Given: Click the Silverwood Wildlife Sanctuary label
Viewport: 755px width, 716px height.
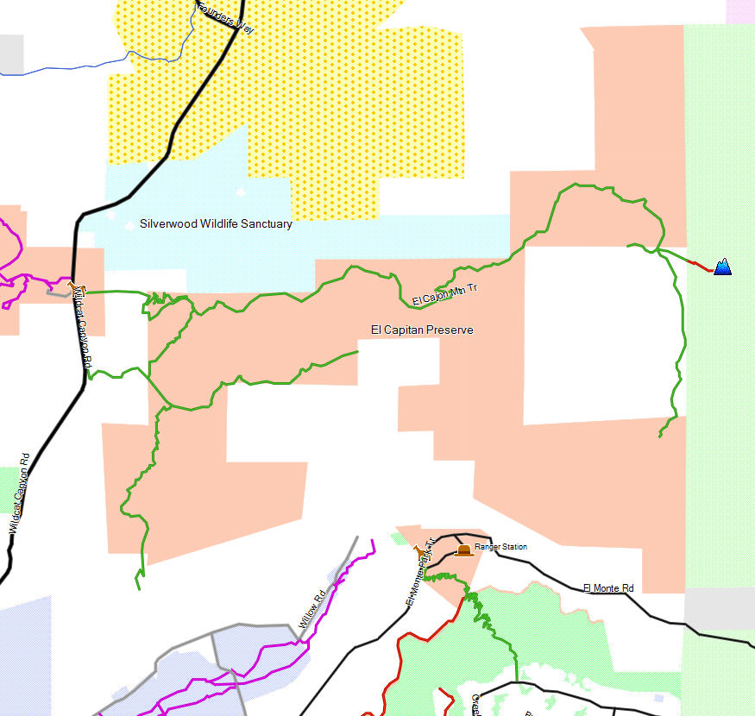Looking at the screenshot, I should (216, 224).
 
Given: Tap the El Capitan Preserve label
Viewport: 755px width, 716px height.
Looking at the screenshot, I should (422, 330).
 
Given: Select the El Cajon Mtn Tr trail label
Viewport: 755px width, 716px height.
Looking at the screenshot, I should (444, 294).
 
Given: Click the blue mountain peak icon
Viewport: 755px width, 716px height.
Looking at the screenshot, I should (722, 267).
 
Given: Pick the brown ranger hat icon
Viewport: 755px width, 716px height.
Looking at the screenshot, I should (464, 550).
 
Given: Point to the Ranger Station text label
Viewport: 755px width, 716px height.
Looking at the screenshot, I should (500, 547).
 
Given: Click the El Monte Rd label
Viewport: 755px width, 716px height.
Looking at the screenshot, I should (608, 588).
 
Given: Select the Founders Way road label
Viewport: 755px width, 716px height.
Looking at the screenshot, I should (226, 17).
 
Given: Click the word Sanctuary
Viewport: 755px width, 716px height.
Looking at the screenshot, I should (265, 224).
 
